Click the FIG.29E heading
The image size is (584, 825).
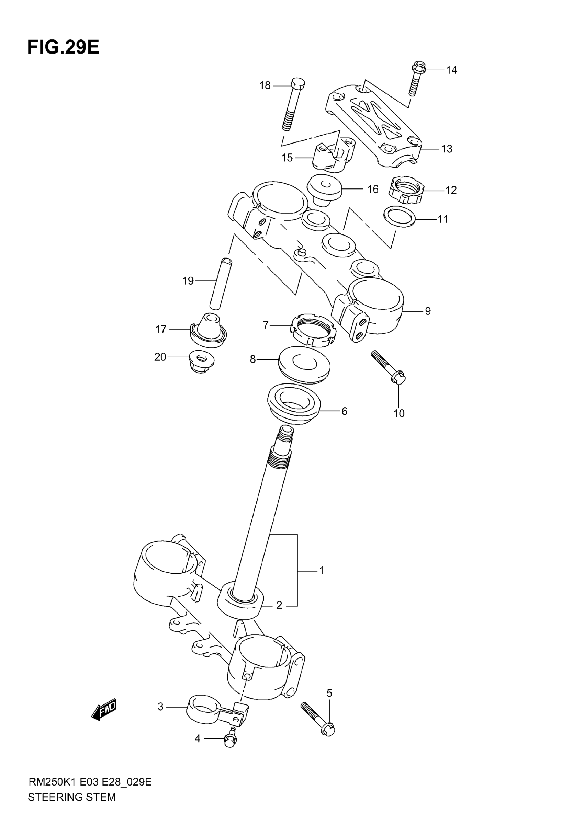(x=63, y=47)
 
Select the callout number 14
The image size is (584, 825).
(x=451, y=70)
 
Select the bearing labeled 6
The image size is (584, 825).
(x=294, y=404)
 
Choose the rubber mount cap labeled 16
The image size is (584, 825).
(x=324, y=189)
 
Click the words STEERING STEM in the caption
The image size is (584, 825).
(x=71, y=797)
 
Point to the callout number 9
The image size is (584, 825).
(x=428, y=311)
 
